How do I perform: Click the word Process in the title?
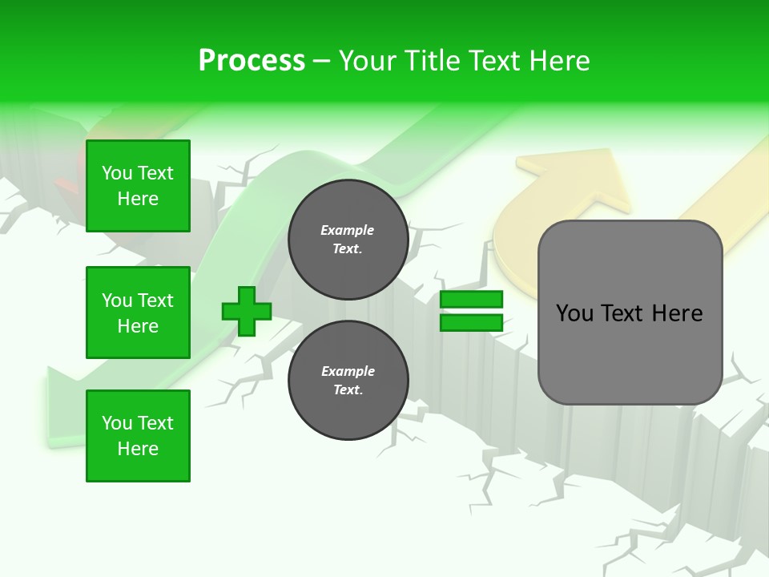coord(252,61)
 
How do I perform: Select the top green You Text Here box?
coord(138,186)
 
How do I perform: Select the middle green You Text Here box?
coord(138,313)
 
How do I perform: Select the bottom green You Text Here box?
coord(138,435)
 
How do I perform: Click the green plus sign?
coord(247,311)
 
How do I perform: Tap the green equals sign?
coord(471,311)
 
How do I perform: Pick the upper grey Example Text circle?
coord(348,240)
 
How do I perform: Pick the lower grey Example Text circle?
coord(348,380)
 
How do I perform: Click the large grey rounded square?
coord(630,313)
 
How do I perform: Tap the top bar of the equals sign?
coord(471,300)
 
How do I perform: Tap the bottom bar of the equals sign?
coord(471,322)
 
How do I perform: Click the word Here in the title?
coord(558,61)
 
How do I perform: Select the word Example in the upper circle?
coord(348,230)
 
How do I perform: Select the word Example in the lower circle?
coord(348,371)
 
